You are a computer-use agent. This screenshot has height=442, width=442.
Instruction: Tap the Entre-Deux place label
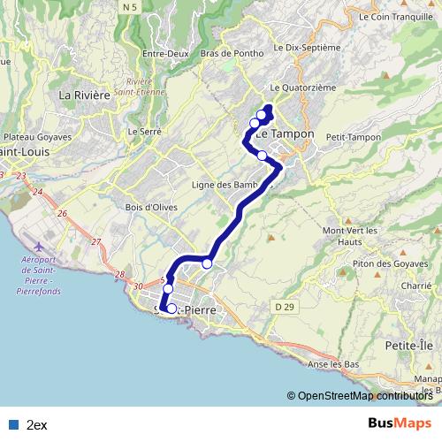[x=167, y=53]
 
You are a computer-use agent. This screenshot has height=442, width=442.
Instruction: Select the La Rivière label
[x=84, y=95]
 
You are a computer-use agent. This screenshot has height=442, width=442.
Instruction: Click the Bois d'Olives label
[x=152, y=207]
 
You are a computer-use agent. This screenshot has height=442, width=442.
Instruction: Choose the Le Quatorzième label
[x=303, y=88]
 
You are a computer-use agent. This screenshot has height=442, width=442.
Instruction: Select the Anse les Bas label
[x=333, y=364]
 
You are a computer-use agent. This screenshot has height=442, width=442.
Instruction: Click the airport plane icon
[x=36, y=243]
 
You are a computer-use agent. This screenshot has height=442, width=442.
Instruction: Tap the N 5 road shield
[x=131, y=7]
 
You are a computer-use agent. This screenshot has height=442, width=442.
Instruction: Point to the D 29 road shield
[x=284, y=306]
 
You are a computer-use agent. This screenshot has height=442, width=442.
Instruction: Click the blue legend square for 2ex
[x=13, y=424]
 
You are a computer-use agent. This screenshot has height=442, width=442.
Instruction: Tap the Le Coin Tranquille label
[x=396, y=16]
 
